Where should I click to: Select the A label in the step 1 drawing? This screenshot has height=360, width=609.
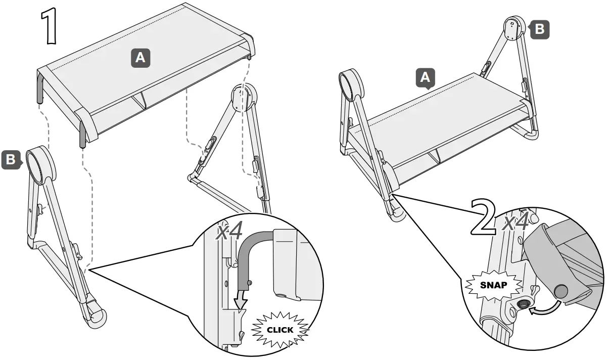coord(140,58)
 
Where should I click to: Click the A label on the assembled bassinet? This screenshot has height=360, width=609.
coord(425,78)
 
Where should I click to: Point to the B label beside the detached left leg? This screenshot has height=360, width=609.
coord(10,160)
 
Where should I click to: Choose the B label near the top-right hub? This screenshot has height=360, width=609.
coord(539,29)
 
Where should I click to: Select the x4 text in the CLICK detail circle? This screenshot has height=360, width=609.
coord(230,232)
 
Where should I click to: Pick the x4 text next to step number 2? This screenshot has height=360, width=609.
coord(516,222)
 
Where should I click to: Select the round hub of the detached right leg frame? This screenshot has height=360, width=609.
coord(243,98)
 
